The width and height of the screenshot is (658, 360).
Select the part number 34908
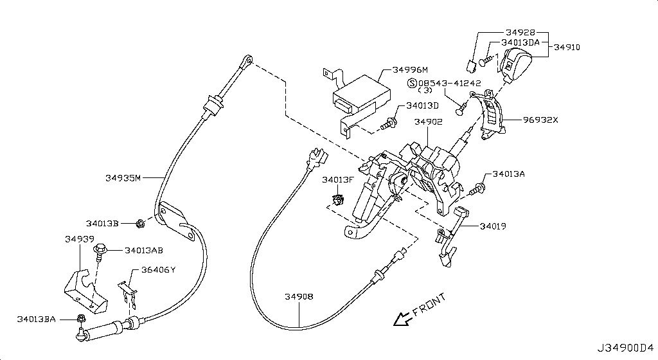click(299, 296)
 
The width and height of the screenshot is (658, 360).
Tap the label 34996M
click(410, 69)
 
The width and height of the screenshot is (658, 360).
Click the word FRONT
click(429, 305)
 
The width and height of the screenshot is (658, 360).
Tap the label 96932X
click(540, 119)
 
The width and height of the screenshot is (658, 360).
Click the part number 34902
click(427, 121)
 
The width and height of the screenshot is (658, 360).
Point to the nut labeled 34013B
click(139, 223)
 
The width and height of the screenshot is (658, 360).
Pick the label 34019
click(492, 226)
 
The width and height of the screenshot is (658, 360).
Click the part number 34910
click(567, 47)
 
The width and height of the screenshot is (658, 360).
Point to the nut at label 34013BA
click(81, 319)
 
